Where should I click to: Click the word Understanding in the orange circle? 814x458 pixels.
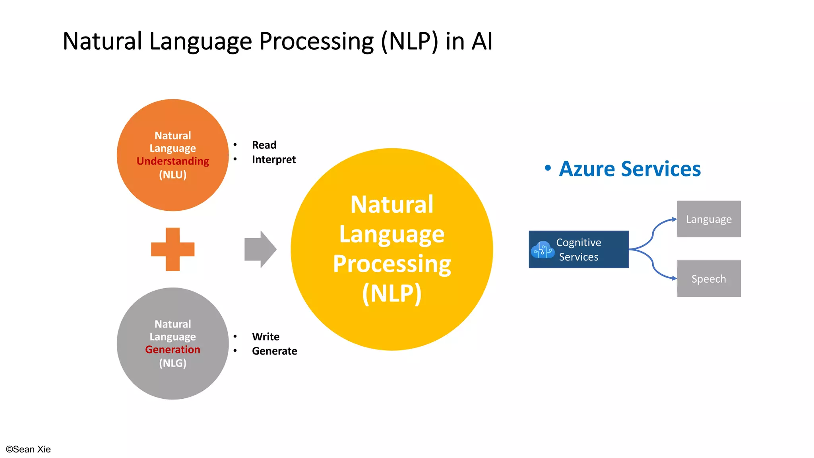(172, 161)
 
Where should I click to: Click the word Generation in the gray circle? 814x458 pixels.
(172, 349)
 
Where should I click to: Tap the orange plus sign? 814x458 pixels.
(172, 249)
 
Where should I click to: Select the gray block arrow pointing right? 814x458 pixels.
(260, 249)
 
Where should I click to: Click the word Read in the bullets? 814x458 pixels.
(264, 145)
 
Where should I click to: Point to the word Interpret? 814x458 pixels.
(273, 159)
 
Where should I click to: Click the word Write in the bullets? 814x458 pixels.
(266, 337)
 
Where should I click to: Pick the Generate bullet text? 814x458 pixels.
(274, 351)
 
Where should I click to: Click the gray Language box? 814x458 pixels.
(709, 219)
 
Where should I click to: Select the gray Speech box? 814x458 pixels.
(709, 279)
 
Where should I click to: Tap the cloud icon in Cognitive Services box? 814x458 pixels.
(543, 250)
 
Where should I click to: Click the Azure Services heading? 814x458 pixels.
(630, 169)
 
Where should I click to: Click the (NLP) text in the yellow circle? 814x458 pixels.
(391, 293)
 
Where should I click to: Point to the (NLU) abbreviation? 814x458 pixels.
(172, 175)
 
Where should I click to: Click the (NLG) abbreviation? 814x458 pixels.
(172, 363)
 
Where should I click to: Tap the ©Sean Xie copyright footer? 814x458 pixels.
(28, 449)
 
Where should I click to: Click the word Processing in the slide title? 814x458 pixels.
(316, 41)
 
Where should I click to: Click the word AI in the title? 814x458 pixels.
(482, 41)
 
